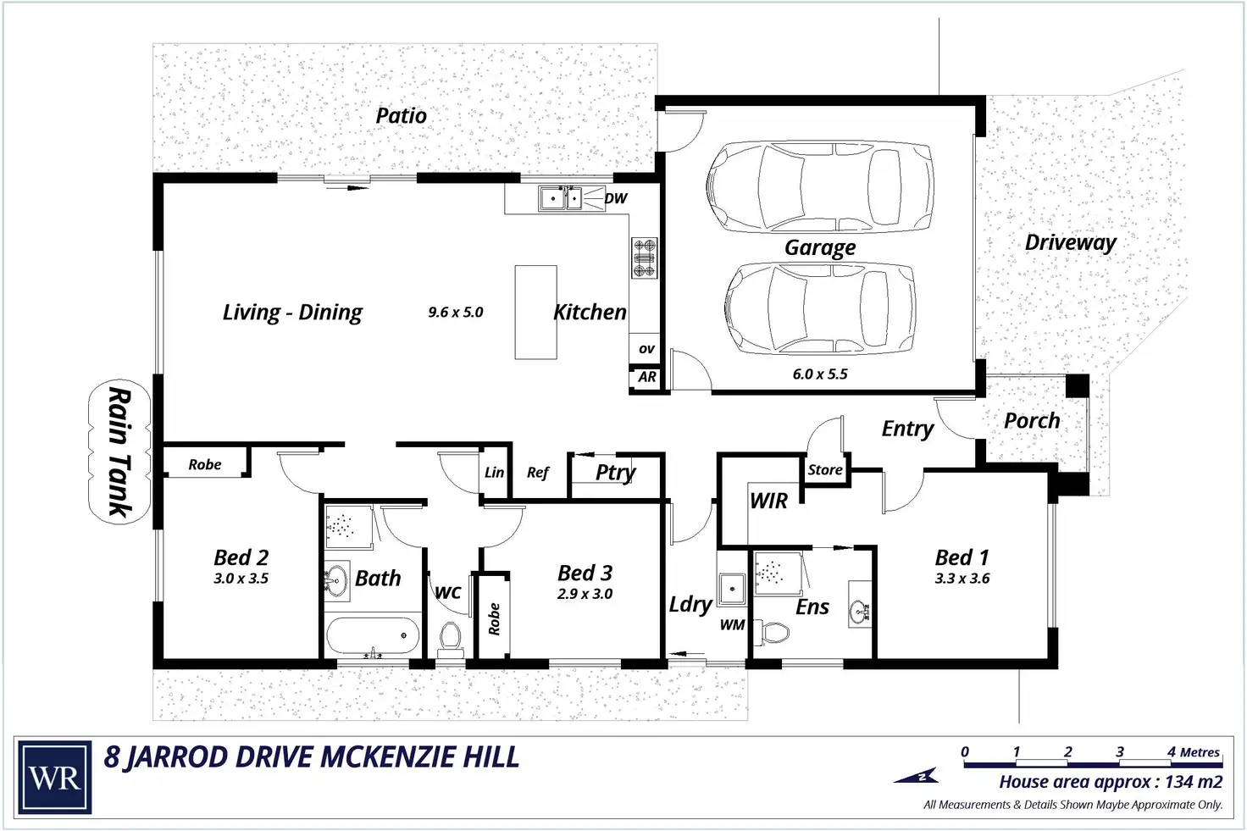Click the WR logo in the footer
click(54, 777)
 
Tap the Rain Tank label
click(119, 452)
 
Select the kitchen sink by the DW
click(560, 198)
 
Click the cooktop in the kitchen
click(644, 258)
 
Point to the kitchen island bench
click(535, 313)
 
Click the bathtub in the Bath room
click(373, 635)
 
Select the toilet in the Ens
click(773, 632)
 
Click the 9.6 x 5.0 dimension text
click(456, 313)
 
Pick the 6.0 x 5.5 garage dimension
click(820, 374)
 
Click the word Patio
click(401, 115)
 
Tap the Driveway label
click(1071, 242)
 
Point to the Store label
click(825, 470)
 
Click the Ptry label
click(615, 474)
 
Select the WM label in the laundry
click(732, 625)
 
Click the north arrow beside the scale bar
click(917, 776)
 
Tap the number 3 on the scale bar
click(1120, 752)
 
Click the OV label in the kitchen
click(646, 349)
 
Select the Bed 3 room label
click(585, 573)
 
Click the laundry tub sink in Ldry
click(731, 589)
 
